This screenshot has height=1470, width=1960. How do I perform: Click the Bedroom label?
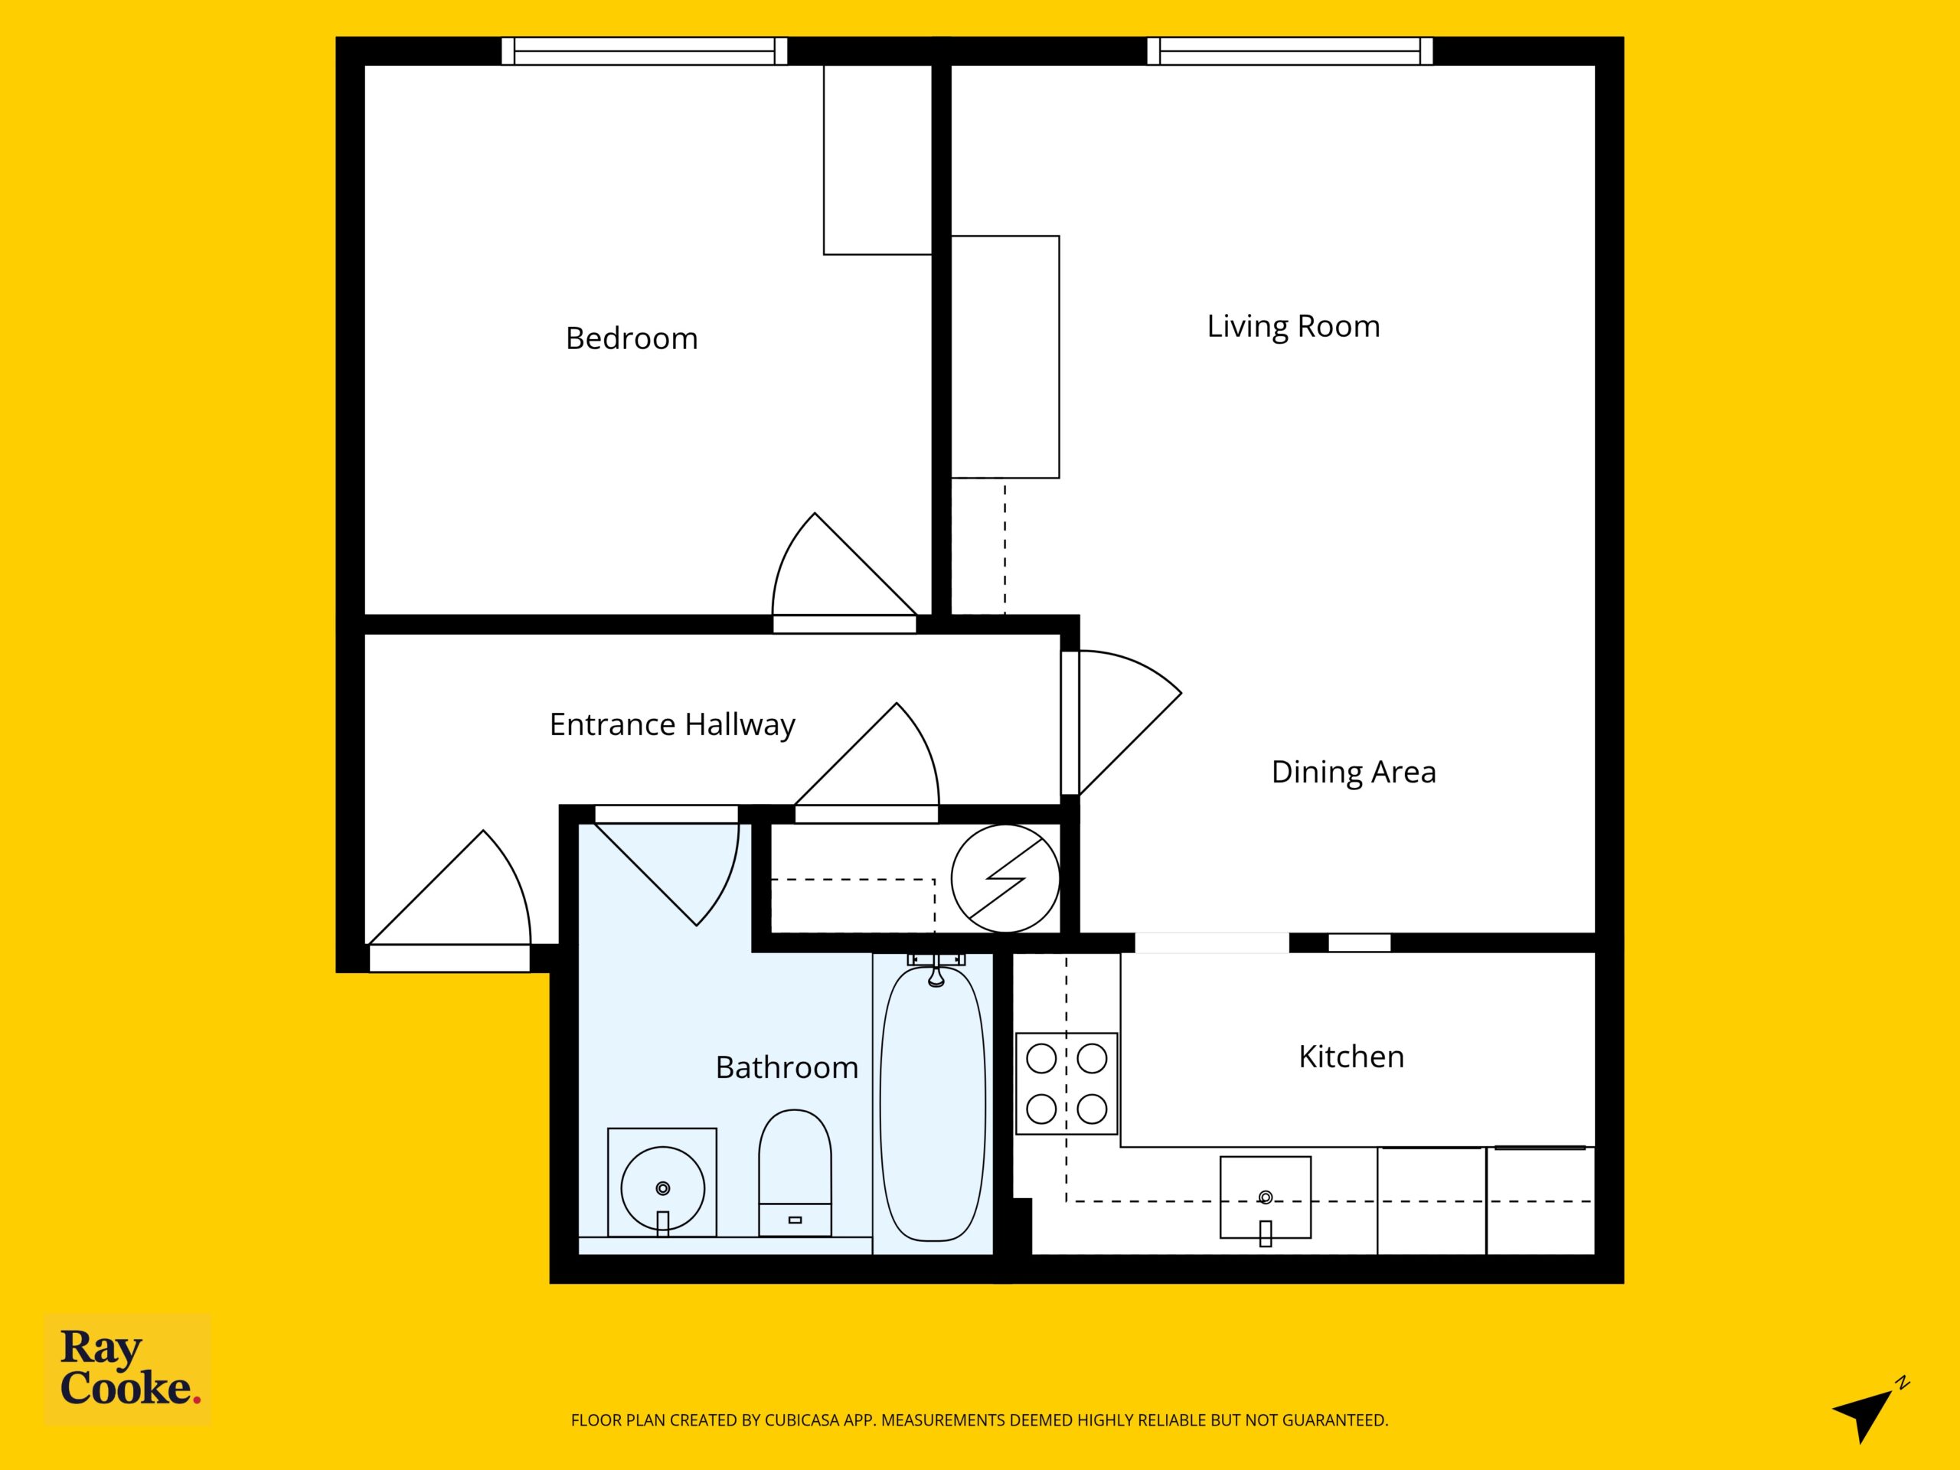[631, 338]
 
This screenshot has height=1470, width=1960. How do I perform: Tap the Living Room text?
[1293, 327]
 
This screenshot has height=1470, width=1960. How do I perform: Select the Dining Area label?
[1353, 772]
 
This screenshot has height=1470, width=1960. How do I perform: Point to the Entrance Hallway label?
[671, 725]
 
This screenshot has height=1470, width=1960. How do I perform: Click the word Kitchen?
[1351, 1057]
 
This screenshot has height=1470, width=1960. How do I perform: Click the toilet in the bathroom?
[795, 1172]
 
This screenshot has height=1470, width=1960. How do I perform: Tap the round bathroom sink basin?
[663, 1188]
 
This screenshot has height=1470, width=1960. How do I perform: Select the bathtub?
[933, 1104]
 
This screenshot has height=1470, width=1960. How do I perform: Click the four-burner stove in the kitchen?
[1067, 1083]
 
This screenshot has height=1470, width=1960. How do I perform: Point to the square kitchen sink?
[1266, 1197]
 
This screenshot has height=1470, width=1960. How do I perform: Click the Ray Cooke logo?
[129, 1367]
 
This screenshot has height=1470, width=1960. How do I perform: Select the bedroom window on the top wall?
[644, 51]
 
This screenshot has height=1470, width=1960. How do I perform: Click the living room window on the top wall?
[1290, 51]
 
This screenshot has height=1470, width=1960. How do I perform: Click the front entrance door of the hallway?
[449, 958]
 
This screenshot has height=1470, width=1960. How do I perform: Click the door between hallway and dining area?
[1070, 723]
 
